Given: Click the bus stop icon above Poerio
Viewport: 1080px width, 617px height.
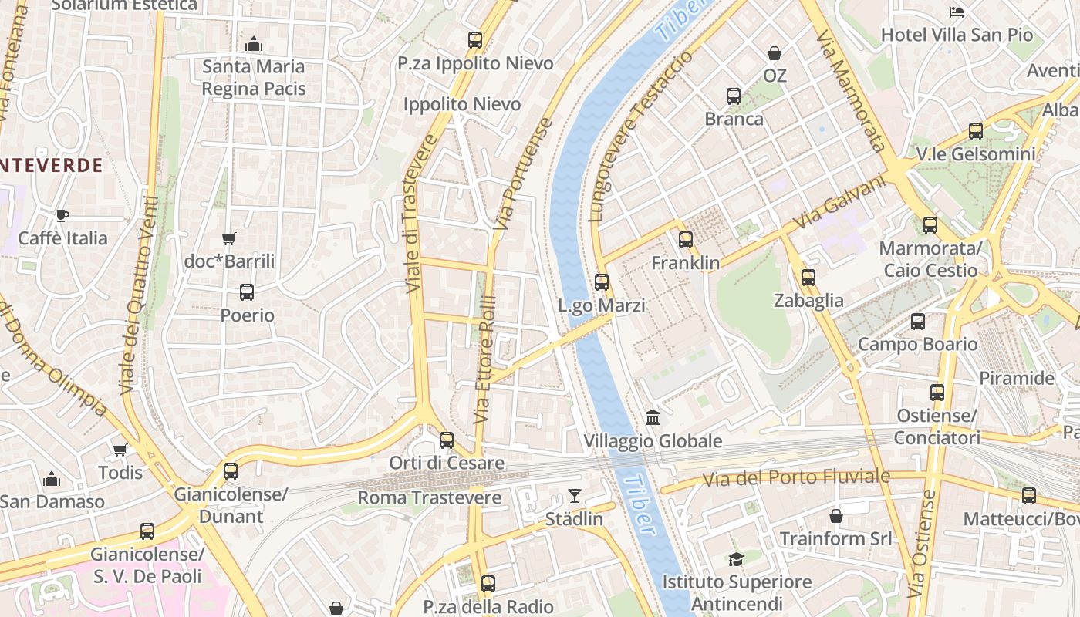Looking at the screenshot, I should [247, 292].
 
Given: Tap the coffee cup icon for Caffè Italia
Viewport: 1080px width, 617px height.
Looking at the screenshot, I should [62, 215].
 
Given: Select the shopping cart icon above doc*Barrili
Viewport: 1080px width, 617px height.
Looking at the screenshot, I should [228, 238].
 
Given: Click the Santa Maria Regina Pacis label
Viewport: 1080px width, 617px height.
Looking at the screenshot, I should [254, 78].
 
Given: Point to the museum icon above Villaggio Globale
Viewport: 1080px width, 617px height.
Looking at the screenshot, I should [653, 417].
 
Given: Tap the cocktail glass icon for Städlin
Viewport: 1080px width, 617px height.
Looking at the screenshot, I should [575, 495].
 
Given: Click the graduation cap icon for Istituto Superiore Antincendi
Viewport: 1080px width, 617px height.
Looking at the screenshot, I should [736, 559].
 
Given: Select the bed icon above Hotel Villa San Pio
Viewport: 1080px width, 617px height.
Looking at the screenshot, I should [957, 12].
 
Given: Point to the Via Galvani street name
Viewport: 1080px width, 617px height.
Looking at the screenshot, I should [838, 202].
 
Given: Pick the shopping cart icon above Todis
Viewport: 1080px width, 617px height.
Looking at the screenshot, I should [120, 450].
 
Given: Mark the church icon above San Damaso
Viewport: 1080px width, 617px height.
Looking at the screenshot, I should [52, 479].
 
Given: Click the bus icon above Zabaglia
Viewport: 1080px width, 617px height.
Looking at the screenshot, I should [808, 278].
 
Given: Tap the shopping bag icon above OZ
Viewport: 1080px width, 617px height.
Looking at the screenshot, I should [775, 53].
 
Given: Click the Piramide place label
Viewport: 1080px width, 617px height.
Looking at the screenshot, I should [1016, 379].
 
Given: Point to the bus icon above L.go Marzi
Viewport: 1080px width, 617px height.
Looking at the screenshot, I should [602, 282].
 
